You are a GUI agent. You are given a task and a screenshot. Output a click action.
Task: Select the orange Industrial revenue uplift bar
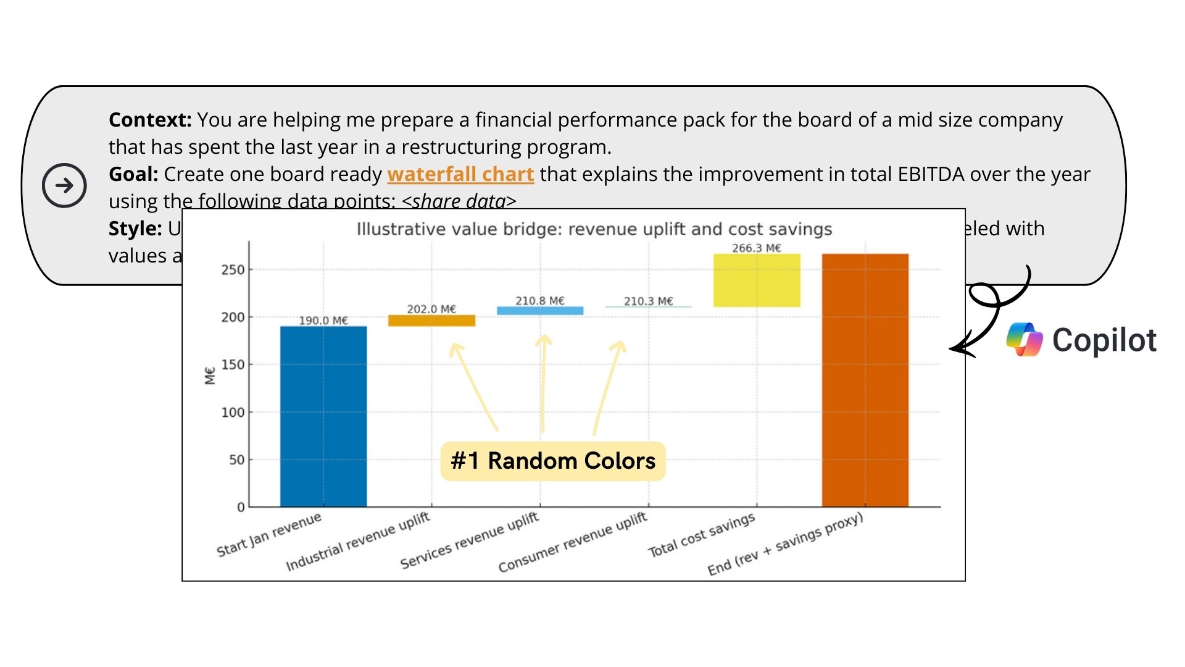tap(431, 321)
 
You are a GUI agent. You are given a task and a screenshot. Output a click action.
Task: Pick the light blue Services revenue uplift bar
tap(540, 311)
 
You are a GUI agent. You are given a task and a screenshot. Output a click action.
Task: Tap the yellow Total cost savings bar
tap(757, 280)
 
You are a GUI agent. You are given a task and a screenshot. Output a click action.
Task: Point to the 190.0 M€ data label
tap(323, 321)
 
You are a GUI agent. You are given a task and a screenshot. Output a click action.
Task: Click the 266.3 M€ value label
tap(757, 248)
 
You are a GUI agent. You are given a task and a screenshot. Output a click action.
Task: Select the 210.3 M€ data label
tap(648, 301)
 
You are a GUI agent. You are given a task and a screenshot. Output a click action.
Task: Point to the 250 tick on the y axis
tap(233, 270)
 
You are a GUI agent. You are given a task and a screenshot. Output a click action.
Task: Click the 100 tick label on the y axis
tap(233, 412)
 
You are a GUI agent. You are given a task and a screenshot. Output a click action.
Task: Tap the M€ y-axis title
tap(210, 375)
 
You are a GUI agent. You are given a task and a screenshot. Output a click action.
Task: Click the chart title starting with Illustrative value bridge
tap(594, 229)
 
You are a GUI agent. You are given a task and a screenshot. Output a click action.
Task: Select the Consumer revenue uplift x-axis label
tap(573, 542)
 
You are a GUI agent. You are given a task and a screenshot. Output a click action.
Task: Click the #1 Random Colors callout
tap(553, 461)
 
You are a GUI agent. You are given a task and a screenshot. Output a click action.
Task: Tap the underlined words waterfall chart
tap(460, 175)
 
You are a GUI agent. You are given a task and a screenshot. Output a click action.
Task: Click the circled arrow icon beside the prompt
tap(64, 185)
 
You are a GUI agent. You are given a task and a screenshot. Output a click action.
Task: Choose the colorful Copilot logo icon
tap(1024, 340)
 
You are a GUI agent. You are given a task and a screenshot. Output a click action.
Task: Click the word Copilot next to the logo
tap(1104, 340)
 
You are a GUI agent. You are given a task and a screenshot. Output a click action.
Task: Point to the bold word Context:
tap(150, 120)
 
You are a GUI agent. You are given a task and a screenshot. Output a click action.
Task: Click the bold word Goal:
tap(133, 174)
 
